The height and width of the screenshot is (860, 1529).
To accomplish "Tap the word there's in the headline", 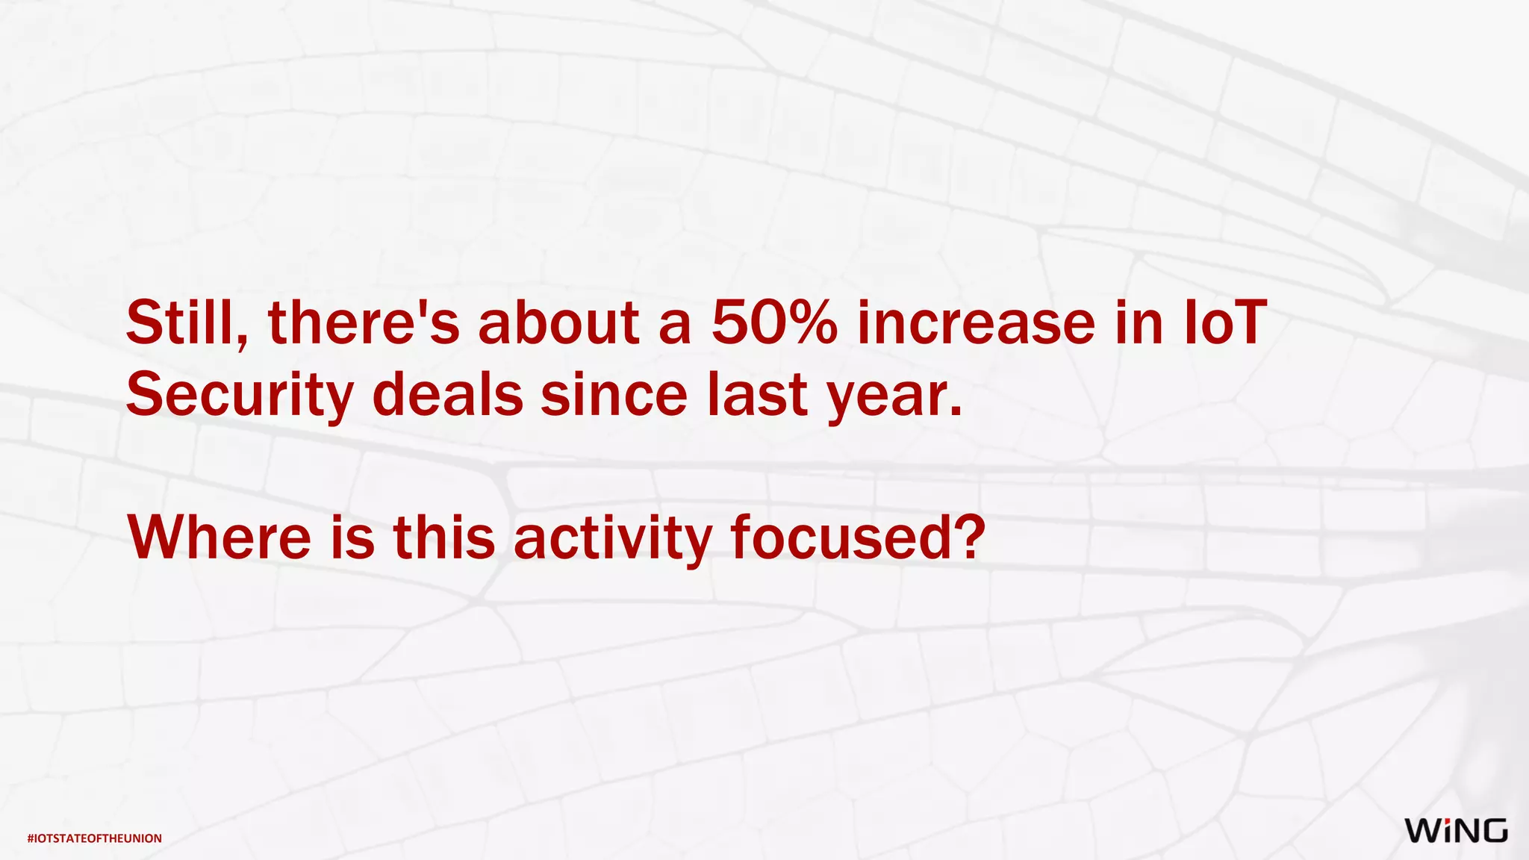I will tap(364, 323).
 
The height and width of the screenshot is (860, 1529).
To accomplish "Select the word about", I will tap(558, 323).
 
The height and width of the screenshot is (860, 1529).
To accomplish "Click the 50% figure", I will tap(774, 323).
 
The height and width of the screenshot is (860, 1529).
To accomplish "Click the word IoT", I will tap(1226, 323).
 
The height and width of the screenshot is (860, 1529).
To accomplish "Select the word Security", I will tap(240, 396).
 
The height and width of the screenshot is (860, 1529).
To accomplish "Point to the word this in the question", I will tap(444, 537).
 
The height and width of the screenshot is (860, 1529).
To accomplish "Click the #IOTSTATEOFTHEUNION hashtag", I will tap(95, 838).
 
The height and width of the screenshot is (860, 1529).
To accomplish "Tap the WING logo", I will tap(1456, 830).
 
